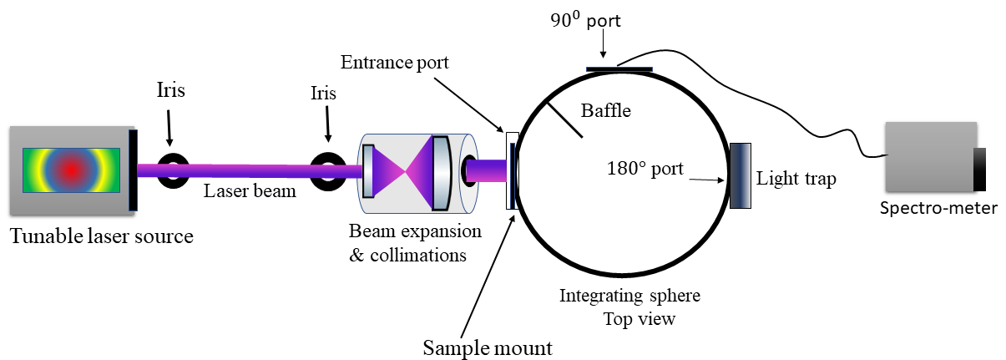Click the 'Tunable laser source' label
[x=101, y=236]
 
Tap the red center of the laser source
[x=72, y=170]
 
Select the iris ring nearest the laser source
[x=174, y=170]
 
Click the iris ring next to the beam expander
[x=327, y=170]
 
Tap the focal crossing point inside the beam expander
[x=407, y=170]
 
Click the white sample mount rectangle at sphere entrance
[x=509, y=170]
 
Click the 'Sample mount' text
[x=488, y=346]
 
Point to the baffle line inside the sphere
[x=564, y=120]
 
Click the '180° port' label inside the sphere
[x=645, y=169]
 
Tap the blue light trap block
[x=741, y=175]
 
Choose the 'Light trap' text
[x=796, y=179]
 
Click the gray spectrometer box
[x=929, y=157]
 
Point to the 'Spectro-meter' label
[x=938, y=208]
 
